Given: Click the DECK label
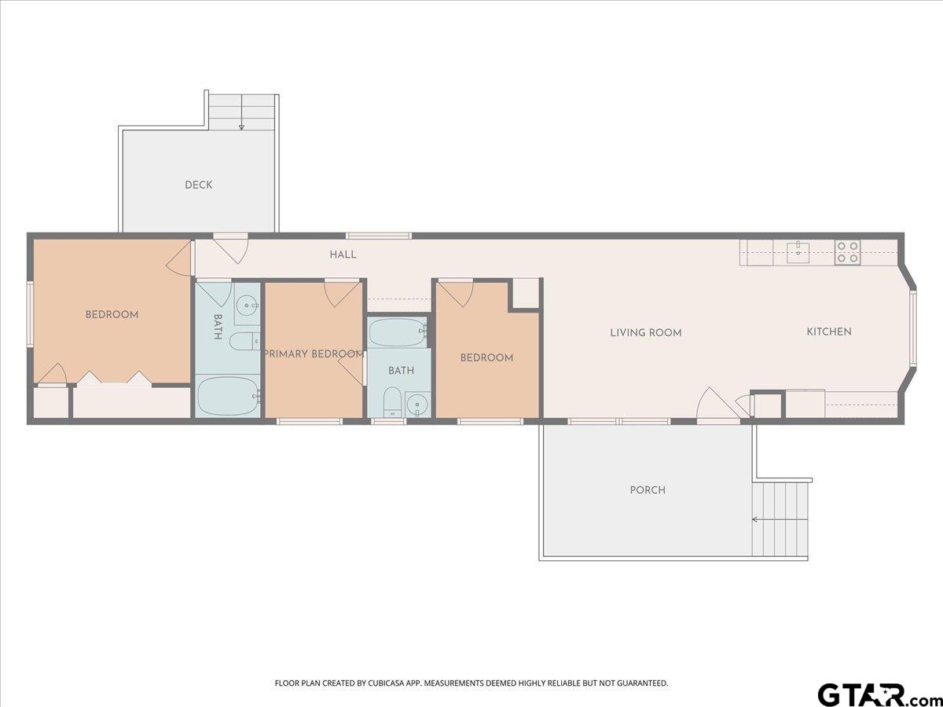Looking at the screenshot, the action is pyautogui.click(x=199, y=185).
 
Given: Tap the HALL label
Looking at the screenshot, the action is pyautogui.click(x=343, y=255).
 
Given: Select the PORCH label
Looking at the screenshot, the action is pyautogui.click(x=648, y=490).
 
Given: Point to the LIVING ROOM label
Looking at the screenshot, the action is pyautogui.click(x=646, y=332).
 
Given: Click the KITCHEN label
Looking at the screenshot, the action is pyautogui.click(x=829, y=332).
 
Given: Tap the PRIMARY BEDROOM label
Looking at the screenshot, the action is pyautogui.click(x=314, y=353).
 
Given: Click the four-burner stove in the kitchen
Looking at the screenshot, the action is pyautogui.click(x=848, y=252).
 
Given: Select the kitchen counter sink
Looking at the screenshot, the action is pyautogui.click(x=798, y=252).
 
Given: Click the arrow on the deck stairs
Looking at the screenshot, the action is pyautogui.click(x=241, y=112).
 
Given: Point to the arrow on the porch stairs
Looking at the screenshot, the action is pyautogui.click(x=780, y=519).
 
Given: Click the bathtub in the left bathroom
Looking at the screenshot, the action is pyautogui.click(x=228, y=396).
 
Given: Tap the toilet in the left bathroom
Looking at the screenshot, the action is pyautogui.click(x=245, y=341).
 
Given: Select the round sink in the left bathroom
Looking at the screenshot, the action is pyautogui.click(x=247, y=306).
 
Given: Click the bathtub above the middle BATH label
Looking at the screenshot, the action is pyautogui.click(x=398, y=332).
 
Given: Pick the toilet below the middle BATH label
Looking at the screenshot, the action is pyautogui.click(x=392, y=401).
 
